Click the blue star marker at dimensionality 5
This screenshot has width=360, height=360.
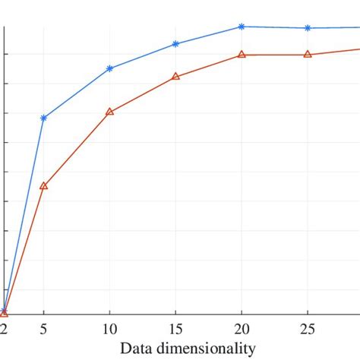pyautogui.click(x=43, y=118)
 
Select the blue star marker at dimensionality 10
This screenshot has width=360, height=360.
pyautogui.click(x=110, y=68)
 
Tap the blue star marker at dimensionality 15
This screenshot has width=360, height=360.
pyautogui.click(x=176, y=44)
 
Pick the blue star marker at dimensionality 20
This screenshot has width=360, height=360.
pyautogui.click(x=242, y=27)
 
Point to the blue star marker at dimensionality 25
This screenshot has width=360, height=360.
pyautogui.click(x=308, y=28)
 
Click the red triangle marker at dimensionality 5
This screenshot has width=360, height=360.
pyautogui.click(x=43, y=185)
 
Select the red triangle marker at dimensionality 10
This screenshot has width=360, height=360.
pyautogui.click(x=110, y=112)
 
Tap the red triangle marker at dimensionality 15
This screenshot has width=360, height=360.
pyautogui.click(x=176, y=77)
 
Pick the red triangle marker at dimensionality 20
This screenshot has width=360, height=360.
pyautogui.click(x=242, y=55)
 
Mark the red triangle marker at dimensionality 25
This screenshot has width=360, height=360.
pyautogui.click(x=308, y=54)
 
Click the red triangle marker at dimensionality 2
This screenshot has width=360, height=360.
pyautogui.click(x=4, y=312)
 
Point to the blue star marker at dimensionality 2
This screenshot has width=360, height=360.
pyautogui.click(x=3, y=308)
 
